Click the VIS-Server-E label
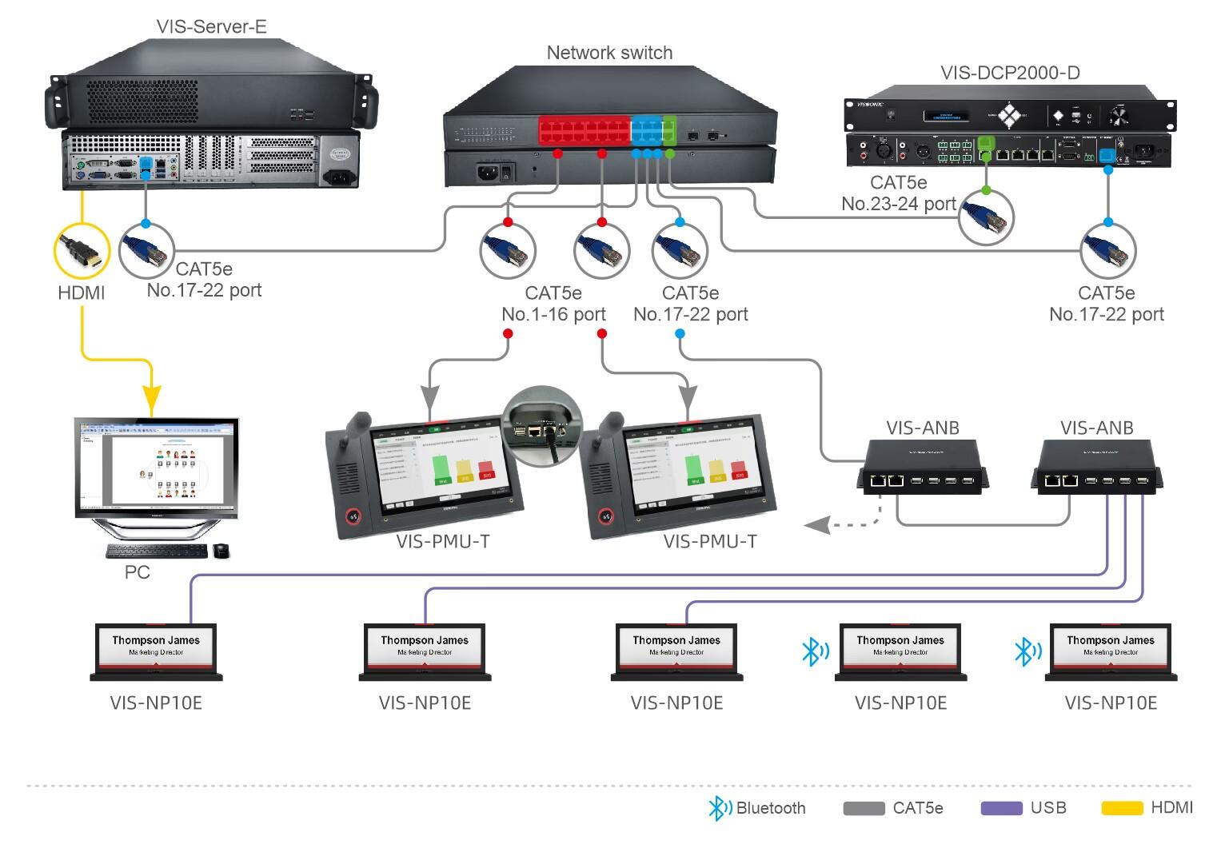211,26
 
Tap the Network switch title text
609,53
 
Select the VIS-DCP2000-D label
1010,73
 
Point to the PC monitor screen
157,463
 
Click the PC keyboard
157,551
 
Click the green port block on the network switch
669,129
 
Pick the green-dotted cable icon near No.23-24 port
986,217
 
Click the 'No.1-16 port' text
553,314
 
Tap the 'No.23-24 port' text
899,204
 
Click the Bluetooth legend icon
719,808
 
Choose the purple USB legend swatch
1001,808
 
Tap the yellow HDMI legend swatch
1122,808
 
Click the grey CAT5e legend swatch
864,808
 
